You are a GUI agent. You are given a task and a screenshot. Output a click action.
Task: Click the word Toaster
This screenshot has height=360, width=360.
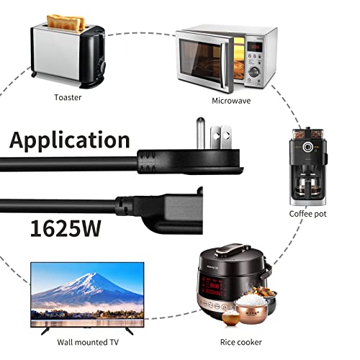68,97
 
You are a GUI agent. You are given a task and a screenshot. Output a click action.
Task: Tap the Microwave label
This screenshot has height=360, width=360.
231,101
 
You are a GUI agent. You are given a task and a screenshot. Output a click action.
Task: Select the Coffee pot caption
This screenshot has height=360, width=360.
307,214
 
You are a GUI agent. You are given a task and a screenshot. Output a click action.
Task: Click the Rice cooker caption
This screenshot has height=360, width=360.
241,342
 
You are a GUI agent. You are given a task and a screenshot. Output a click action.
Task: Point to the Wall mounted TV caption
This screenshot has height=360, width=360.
88,342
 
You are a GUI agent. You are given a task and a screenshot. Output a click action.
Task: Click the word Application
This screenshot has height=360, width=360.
70,140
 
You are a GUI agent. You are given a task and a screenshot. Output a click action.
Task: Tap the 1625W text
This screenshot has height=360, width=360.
66,228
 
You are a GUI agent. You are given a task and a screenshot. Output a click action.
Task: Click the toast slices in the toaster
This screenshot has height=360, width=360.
66,22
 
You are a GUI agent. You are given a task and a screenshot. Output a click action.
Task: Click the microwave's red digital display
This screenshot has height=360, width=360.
255,47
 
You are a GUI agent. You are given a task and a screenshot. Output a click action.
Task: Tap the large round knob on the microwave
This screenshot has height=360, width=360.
254,71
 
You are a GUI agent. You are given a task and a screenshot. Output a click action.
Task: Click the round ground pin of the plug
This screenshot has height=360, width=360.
201,133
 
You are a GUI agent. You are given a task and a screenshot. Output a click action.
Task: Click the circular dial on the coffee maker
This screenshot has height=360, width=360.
307,147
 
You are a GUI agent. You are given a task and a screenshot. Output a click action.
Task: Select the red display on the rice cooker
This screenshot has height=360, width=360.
213,287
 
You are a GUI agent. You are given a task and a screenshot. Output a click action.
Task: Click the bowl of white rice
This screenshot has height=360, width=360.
251,301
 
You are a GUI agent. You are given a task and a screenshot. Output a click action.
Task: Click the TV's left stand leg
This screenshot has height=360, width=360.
45,330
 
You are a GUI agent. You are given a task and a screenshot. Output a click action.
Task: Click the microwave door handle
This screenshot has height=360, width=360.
225,63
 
